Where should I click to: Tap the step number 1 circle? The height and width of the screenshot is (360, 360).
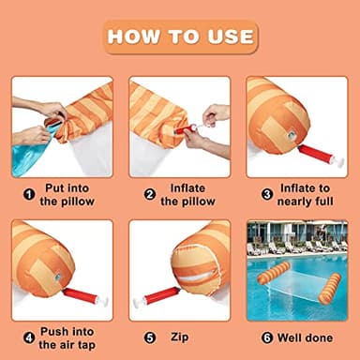click(29, 195)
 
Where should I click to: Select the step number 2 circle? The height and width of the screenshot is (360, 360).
click(150, 195)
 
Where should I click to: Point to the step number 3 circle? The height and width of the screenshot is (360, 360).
click(267, 195)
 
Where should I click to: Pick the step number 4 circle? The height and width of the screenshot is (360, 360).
click(29, 337)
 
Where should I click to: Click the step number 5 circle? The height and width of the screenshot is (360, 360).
click(150, 337)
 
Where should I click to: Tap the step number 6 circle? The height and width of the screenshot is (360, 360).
click(267, 337)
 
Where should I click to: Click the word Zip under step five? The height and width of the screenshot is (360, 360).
click(180, 337)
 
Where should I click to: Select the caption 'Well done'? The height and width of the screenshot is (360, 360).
click(305, 337)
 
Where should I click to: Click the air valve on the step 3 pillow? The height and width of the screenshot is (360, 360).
click(292, 135)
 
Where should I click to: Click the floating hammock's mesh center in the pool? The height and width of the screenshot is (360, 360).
click(297, 283)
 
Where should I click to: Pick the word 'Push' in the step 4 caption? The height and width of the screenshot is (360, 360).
click(54, 331)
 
